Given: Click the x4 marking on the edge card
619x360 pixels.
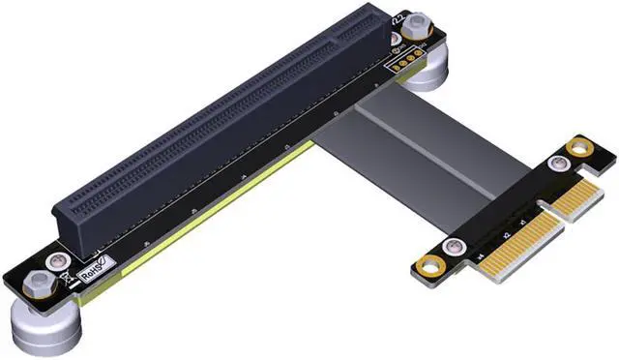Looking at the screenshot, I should point(479,255).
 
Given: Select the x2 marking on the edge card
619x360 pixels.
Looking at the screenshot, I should point(506,235).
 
